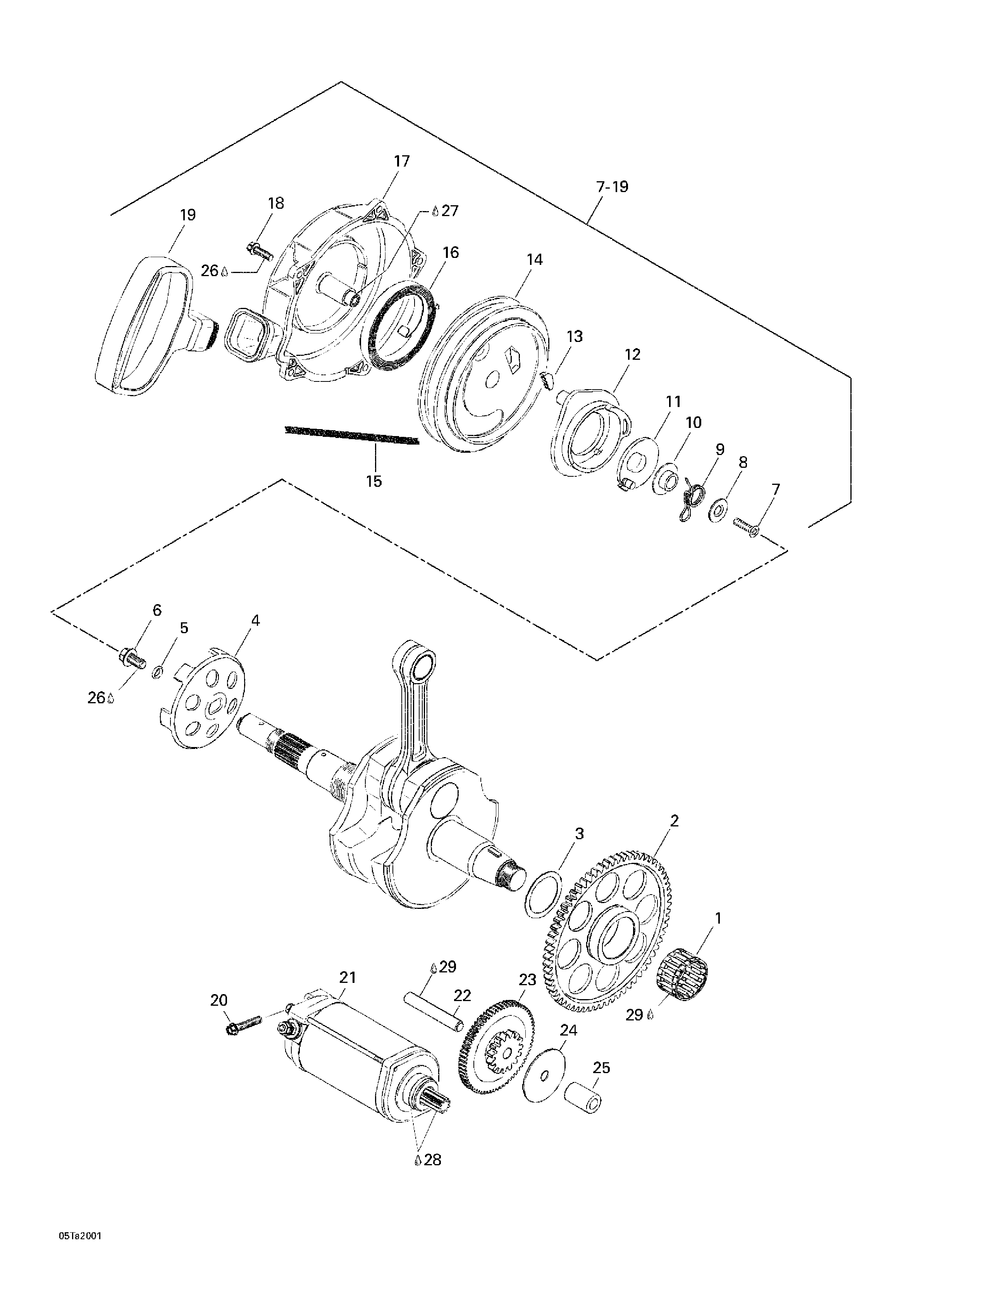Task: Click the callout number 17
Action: pyautogui.click(x=402, y=161)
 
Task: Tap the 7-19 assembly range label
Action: pyautogui.click(x=612, y=187)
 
